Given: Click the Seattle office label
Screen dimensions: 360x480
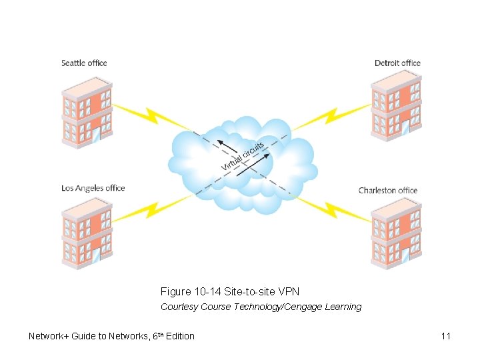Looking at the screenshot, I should (x=84, y=63).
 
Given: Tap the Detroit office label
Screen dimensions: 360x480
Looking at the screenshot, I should (x=397, y=63).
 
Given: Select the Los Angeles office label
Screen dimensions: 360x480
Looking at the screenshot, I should (x=93, y=188).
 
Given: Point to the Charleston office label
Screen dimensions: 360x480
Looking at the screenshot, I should (x=388, y=190).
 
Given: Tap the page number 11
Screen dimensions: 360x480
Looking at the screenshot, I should (x=445, y=336).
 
